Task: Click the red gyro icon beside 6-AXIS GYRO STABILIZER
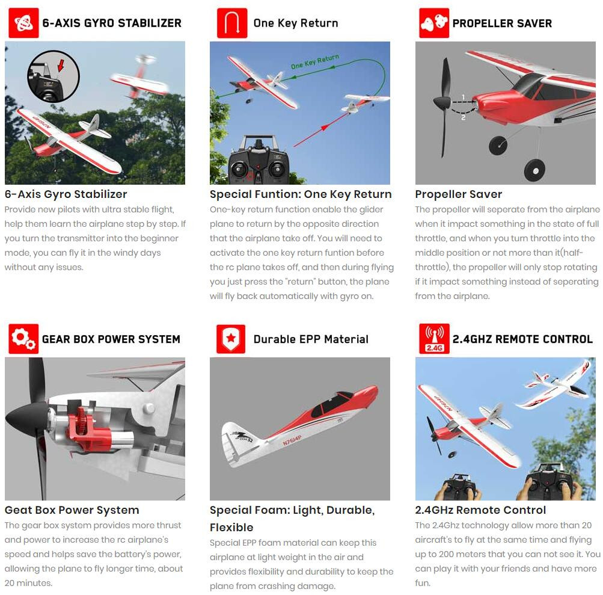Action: click(23, 23)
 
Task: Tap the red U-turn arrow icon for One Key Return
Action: click(232, 23)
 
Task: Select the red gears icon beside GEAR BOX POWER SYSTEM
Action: click(23, 339)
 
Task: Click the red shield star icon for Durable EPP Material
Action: click(231, 339)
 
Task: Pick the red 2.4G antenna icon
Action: click(434, 339)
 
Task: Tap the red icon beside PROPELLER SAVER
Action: click(434, 23)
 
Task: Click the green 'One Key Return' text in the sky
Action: click(315, 61)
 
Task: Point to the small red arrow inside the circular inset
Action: click(60, 65)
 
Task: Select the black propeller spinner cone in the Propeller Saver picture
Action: click(442, 102)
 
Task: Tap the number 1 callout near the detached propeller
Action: click(464, 97)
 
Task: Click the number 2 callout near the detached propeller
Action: click(463, 117)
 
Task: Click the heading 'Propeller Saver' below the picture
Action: click(458, 194)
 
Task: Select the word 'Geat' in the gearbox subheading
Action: click(16, 510)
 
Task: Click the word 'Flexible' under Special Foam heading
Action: click(231, 527)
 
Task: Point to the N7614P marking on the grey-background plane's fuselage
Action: click(292, 440)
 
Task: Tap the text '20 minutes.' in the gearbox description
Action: click(28, 583)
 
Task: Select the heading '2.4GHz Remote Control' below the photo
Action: click(480, 510)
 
